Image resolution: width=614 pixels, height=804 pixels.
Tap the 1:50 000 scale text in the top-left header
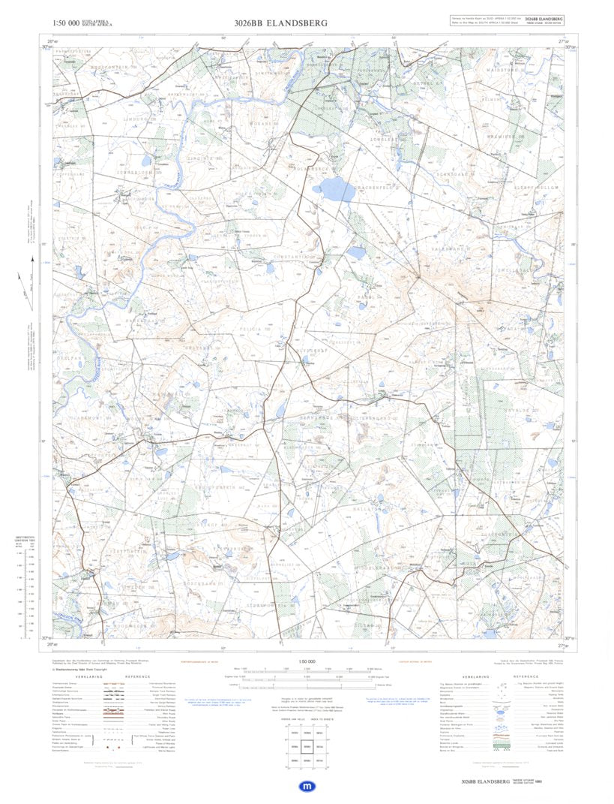tap(63, 23)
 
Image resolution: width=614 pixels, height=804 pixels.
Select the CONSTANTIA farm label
tap(294, 257)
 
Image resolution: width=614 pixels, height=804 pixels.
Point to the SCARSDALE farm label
tap(454, 173)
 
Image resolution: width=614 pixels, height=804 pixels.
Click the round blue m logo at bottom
tap(307, 786)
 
